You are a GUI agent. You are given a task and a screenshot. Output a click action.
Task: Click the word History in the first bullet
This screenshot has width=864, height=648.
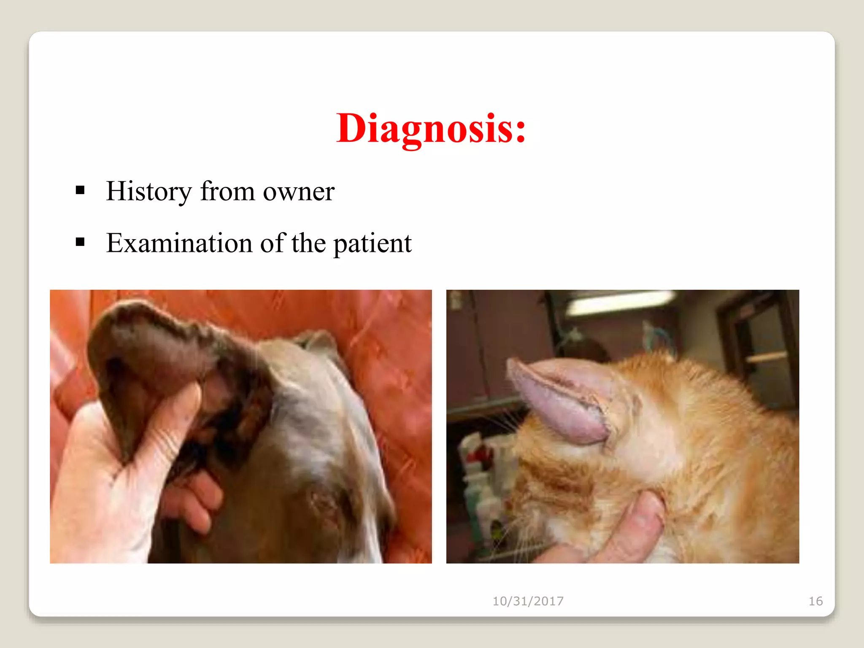(x=149, y=191)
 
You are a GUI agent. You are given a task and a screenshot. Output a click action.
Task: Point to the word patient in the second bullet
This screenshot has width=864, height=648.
(x=373, y=244)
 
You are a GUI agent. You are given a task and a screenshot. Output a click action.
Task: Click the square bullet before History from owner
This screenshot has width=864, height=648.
(x=80, y=191)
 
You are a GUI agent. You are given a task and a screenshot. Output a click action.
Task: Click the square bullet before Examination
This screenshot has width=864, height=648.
(x=80, y=242)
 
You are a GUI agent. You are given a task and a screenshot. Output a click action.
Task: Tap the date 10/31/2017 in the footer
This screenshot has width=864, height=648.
(x=528, y=601)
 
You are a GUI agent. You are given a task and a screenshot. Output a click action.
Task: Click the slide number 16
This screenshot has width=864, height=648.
(x=815, y=601)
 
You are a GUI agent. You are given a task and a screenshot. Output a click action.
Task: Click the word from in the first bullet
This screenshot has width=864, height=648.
(x=227, y=191)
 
